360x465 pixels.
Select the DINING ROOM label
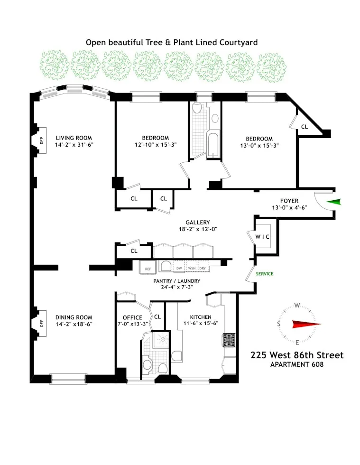74,317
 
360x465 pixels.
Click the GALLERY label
197,222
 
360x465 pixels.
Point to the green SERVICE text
265,274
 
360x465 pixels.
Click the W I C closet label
262,236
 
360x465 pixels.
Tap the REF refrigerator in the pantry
148,269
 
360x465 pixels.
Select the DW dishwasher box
179,269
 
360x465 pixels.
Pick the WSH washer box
192,269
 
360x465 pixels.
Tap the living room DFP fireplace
41,140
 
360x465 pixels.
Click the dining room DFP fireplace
41,323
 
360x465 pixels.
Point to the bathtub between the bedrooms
213,145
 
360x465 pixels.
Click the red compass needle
306,325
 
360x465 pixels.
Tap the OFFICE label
132,317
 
